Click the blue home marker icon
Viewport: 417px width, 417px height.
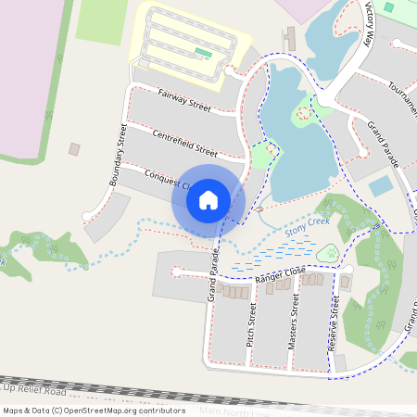click(208, 199)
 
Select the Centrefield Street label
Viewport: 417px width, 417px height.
click(185, 145)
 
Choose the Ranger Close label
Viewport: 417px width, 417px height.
click(280, 274)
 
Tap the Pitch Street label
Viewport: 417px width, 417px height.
click(250, 324)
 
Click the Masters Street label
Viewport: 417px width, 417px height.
click(294, 323)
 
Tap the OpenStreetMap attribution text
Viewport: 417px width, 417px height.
click(94, 410)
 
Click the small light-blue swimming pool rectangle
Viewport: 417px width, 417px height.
click(380, 185)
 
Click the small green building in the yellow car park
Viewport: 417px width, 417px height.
click(203, 53)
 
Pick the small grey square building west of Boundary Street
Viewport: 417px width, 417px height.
click(74, 148)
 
